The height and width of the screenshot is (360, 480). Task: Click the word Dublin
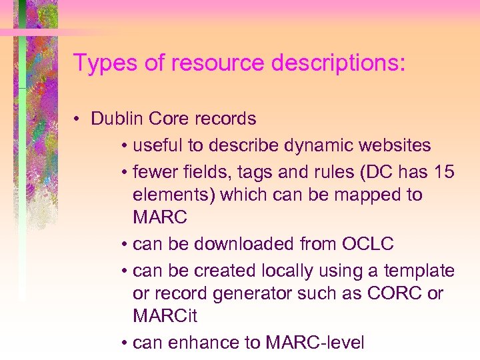click(x=117, y=119)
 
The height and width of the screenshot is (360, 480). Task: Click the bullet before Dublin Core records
click(x=79, y=119)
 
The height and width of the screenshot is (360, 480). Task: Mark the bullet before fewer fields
click(x=125, y=172)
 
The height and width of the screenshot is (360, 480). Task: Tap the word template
click(x=421, y=271)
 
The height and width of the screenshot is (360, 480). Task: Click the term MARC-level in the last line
click(x=315, y=343)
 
